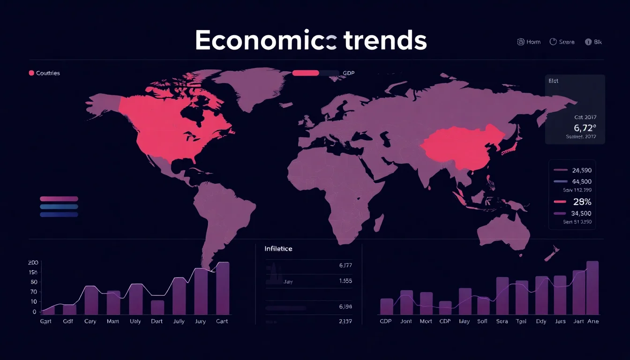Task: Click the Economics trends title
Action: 311,40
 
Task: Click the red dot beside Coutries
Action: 31,73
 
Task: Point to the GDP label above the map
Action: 349,73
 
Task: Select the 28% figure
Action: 582,202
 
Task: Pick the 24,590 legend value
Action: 582,171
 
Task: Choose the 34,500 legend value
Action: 582,213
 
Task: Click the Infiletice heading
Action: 278,248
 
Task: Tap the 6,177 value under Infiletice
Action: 345,265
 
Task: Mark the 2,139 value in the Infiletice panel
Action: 345,322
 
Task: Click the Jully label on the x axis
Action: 179,322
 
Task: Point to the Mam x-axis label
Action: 113,322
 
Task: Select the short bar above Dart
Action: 157,307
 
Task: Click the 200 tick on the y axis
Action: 33,262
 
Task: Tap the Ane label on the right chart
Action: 593,322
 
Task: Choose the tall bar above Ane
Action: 592,287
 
